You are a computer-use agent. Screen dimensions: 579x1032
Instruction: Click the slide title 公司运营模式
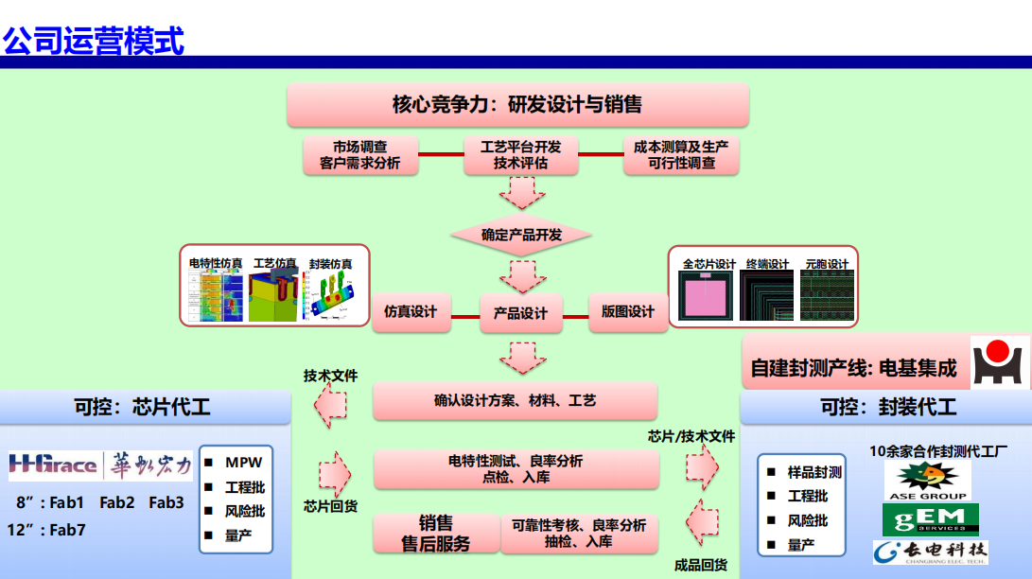94,41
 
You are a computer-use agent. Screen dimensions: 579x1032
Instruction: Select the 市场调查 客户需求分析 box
359,155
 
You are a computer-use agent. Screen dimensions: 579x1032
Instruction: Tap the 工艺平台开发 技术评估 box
520,155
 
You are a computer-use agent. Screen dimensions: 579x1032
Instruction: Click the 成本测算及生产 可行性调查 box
680,155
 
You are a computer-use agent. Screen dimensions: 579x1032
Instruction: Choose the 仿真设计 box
411,311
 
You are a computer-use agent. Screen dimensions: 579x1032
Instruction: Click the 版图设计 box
627,311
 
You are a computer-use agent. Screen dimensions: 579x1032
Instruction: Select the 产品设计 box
520,313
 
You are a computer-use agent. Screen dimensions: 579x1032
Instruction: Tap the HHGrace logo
53,465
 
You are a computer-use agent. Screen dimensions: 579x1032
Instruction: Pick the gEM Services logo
930,519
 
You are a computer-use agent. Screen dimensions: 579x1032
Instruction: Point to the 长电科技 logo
930,553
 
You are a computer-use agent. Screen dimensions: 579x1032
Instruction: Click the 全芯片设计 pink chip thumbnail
707,297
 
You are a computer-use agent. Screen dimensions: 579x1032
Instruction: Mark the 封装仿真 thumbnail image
330,296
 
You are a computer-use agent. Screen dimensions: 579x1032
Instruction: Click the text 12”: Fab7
48,530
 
